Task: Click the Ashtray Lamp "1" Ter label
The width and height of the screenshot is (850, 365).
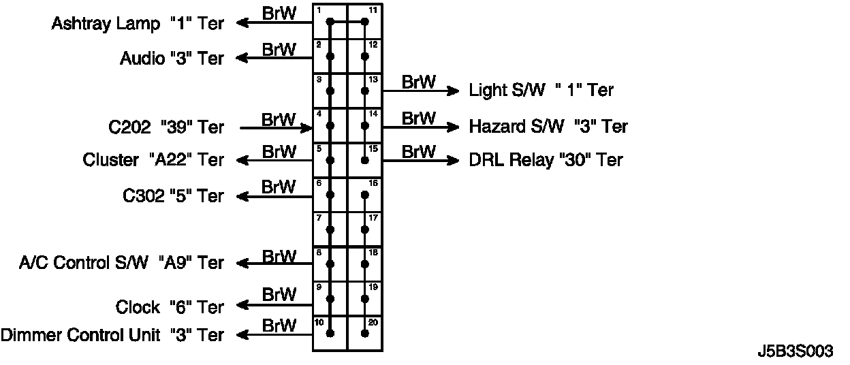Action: (138, 24)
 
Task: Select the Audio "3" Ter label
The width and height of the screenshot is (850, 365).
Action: (172, 59)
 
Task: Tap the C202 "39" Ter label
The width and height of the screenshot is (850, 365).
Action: (166, 127)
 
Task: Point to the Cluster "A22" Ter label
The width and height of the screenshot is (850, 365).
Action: (153, 160)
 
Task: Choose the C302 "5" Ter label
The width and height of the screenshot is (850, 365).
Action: (173, 196)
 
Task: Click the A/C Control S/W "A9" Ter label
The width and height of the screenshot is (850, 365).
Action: (121, 263)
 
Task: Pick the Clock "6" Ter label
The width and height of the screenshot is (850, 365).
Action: (170, 307)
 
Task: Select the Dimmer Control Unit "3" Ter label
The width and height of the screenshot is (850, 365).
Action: (112, 335)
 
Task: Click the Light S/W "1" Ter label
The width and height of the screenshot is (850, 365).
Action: (541, 90)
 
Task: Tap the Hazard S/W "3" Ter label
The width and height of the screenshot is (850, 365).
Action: (548, 127)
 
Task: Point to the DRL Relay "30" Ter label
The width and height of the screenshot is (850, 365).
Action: (546, 160)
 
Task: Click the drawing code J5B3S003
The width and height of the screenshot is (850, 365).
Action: (795, 351)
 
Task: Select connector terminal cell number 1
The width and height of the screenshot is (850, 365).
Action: (330, 22)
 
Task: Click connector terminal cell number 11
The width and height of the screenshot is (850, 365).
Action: (365, 22)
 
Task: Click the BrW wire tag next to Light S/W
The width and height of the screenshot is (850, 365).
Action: (418, 82)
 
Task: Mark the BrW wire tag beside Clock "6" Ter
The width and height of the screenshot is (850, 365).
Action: (279, 295)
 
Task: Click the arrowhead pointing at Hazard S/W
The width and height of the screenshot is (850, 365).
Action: (453, 127)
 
